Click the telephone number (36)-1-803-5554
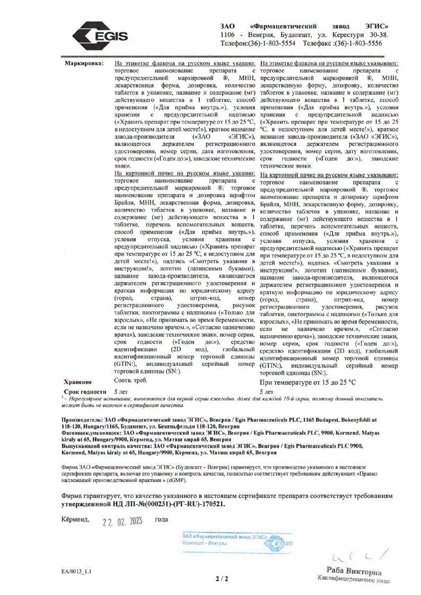(271, 43)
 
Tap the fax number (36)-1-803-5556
(357, 43)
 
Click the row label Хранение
(77, 382)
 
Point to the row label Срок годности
(83, 391)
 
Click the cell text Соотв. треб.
(130, 380)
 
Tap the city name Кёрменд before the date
(75, 520)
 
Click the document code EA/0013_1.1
(76, 572)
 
